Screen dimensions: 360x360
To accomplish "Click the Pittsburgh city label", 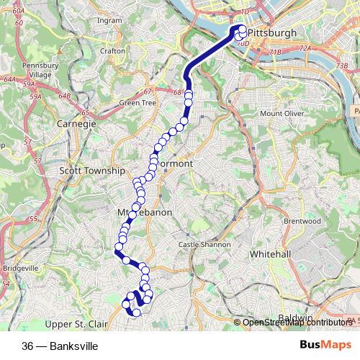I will (x=271, y=33).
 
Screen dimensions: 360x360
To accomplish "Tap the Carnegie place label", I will (x=76, y=124).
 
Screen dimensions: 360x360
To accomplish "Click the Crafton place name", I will (x=113, y=51).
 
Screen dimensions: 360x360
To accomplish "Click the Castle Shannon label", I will (x=204, y=245).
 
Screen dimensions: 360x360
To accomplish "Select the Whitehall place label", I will (x=269, y=255).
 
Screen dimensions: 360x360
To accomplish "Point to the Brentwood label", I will (x=302, y=221).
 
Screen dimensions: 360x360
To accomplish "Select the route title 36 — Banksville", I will (x=60, y=346).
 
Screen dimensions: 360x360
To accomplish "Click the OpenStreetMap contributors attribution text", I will (x=295, y=323).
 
